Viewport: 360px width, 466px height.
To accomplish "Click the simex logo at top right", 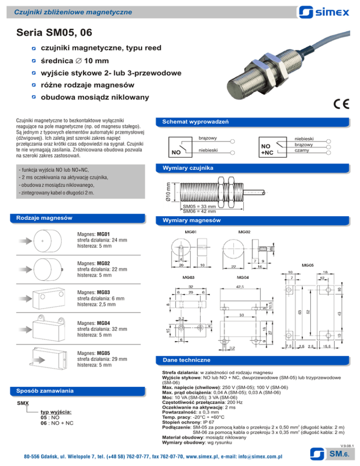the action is point(324,12).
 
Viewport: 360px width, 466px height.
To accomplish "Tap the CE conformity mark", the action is point(341,104).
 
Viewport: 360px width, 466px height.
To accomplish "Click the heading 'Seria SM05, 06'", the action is point(54,32).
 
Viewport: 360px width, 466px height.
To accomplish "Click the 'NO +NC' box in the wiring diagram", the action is point(273,147).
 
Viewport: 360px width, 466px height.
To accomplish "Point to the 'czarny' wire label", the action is point(302,150).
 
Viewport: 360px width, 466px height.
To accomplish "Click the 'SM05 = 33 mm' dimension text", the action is point(199,206).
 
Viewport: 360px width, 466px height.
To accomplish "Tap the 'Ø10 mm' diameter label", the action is point(168,192).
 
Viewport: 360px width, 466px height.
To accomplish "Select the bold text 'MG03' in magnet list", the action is point(104,293).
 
